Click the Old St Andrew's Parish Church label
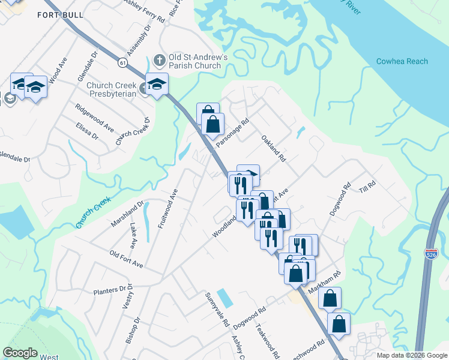tap(198, 61)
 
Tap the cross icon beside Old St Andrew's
tap(159, 59)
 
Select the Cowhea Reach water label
tap(402, 61)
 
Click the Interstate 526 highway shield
tap(431, 254)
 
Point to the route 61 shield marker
tap(122, 62)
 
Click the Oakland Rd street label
tap(273, 148)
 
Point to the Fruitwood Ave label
tap(168, 208)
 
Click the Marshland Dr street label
tap(127, 214)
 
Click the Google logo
tap(20, 353)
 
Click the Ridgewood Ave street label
tap(95, 118)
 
